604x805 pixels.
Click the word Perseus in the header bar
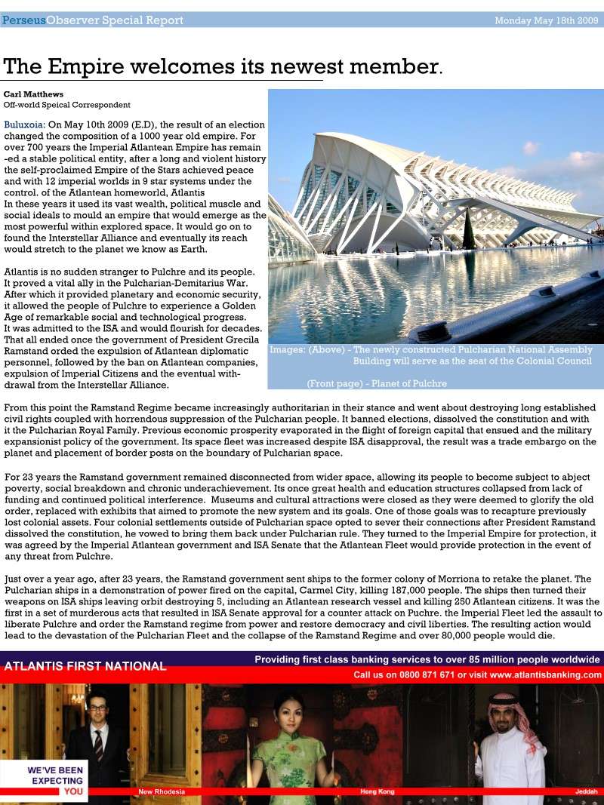pos(23,20)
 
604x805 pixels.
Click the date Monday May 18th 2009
pos(546,20)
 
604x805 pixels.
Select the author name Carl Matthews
pos(34,94)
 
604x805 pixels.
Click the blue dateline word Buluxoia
pos(23,124)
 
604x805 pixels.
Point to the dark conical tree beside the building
pos(469,230)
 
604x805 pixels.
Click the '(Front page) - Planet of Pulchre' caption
pos(377,383)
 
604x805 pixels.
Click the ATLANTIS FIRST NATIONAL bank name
pos(85,666)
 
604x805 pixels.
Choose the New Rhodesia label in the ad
pos(162,791)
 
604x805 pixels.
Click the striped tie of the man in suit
pos(98,742)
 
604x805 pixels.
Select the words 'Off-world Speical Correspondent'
pos(67,105)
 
